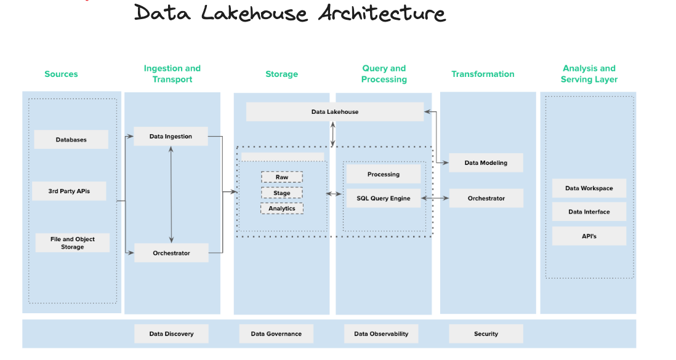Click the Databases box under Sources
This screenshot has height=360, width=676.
(x=71, y=140)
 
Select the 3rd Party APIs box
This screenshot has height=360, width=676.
(x=69, y=191)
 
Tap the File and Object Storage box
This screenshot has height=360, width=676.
(x=72, y=243)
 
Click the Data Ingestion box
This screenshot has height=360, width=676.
(x=171, y=137)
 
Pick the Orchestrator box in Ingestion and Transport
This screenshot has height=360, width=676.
(x=171, y=253)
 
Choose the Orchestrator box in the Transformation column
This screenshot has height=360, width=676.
(x=486, y=198)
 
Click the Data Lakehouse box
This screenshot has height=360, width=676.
(x=334, y=112)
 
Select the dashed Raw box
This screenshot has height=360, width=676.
(x=282, y=177)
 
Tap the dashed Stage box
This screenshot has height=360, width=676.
(x=282, y=193)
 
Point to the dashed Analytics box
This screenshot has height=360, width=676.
(x=282, y=209)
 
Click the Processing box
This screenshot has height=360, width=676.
(x=383, y=174)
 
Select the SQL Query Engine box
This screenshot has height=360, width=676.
(x=383, y=198)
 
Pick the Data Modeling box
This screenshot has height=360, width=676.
(x=486, y=163)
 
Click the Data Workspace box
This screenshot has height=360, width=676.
(x=589, y=188)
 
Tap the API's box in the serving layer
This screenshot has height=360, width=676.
(x=589, y=236)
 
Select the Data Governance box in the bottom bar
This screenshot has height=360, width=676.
(x=276, y=334)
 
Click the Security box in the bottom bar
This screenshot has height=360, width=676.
(x=486, y=334)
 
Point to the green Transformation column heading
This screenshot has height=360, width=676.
(x=483, y=74)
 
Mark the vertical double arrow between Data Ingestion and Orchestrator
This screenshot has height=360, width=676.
(x=171, y=194)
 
